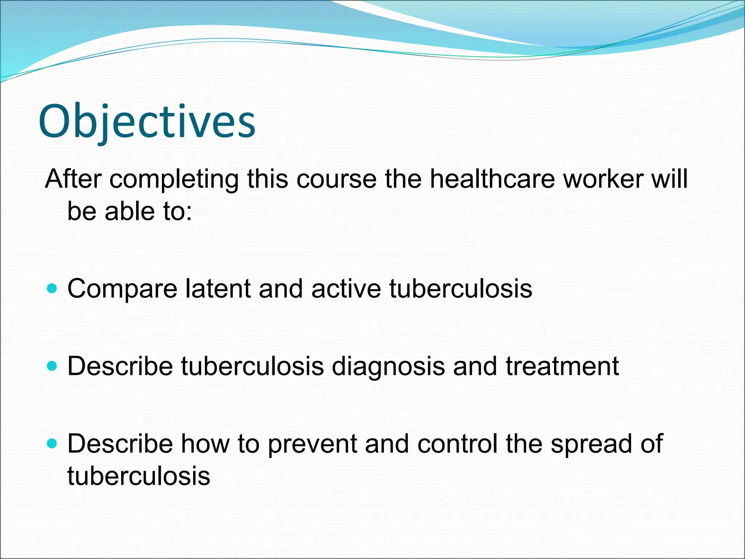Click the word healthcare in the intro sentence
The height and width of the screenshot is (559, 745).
[492, 179]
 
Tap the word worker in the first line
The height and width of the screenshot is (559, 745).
[603, 179]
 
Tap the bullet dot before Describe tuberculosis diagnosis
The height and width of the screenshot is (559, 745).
[52, 366]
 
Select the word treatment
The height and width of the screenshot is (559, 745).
[562, 366]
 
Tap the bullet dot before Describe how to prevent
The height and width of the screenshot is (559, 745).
[52, 443]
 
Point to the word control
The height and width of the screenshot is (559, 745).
[457, 444]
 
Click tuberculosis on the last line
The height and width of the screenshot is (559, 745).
[139, 475]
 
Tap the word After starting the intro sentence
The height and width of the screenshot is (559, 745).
[73, 179]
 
